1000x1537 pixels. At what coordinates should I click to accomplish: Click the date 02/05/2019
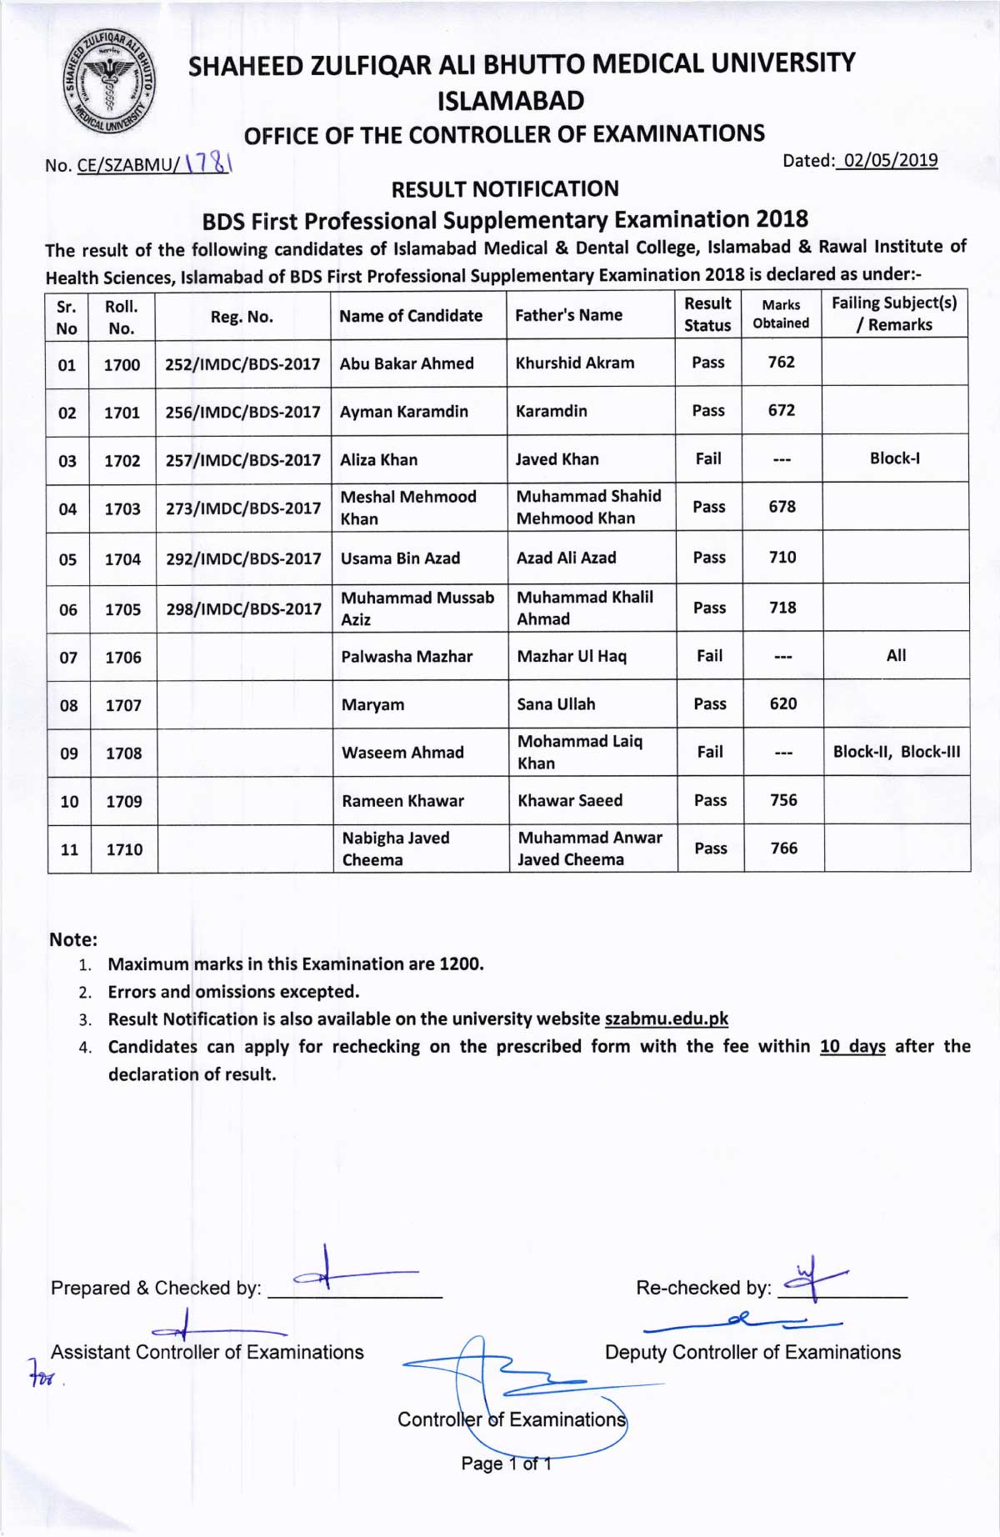tap(890, 160)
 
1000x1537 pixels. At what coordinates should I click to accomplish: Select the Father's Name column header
tap(568, 315)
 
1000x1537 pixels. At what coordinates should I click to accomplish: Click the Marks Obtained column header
tap(781, 314)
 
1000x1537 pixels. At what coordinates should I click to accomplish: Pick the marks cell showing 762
tap(781, 362)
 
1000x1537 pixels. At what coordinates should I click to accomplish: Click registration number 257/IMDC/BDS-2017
tap(242, 460)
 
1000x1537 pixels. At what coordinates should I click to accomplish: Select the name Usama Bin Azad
tap(400, 558)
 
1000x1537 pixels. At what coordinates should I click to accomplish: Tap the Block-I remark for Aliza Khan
tap(895, 458)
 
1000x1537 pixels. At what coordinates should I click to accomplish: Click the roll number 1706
tap(123, 658)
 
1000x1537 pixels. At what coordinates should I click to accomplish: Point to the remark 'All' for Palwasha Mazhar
tap(896, 656)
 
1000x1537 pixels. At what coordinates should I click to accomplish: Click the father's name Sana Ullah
tap(556, 704)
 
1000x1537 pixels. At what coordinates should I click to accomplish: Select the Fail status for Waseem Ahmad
tap(710, 752)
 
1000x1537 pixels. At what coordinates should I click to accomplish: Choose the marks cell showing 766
tap(784, 849)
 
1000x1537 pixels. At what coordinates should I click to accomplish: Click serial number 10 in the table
tap(69, 802)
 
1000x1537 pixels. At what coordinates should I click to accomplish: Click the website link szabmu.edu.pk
tap(666, 1019)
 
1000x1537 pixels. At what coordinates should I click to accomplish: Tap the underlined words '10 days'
tap(852, 1046)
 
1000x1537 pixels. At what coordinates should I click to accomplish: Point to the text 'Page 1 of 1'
tap(506, 1464)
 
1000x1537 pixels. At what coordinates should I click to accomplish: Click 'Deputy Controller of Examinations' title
tap(752, 1352)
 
